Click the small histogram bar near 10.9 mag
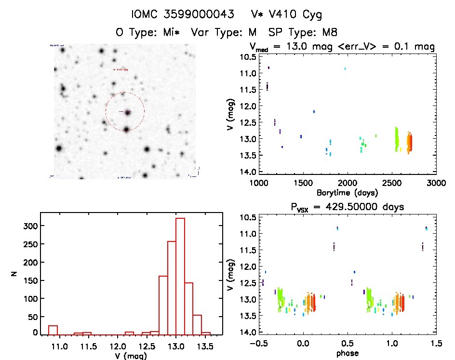tap(53, 330)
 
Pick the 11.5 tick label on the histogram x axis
tap(87, 346)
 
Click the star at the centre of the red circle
tap(128, 112)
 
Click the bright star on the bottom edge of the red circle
tap(126, 129)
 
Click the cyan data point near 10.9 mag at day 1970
tap(345, 69)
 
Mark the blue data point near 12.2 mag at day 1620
tap(314, 111)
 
